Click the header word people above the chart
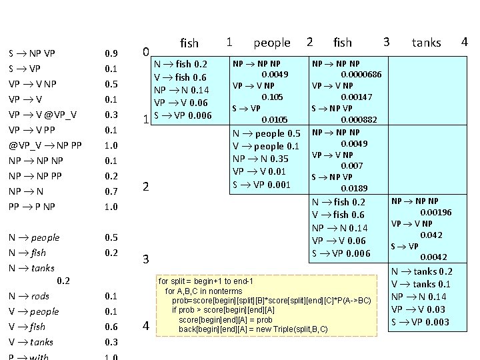pyautogui.click(x=272, y=43)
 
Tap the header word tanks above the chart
pyautogui.click(x=426, y=43)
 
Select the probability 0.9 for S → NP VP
pyautogui.click(x=111, y=53)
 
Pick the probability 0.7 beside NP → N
pyautogui.click(x=111, y=191)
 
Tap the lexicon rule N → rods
pyautogui.click(x=29, y=296)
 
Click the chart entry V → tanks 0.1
pyautogui.click(x=421, y=284)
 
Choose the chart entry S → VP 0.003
pyautogui.click(x=421, y=322)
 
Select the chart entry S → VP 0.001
pyautogui.click(x=261, y=184)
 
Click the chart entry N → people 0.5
pyautogui.click(x=266, y=134)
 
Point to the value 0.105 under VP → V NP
pyautogui.click(x=275, y=97)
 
